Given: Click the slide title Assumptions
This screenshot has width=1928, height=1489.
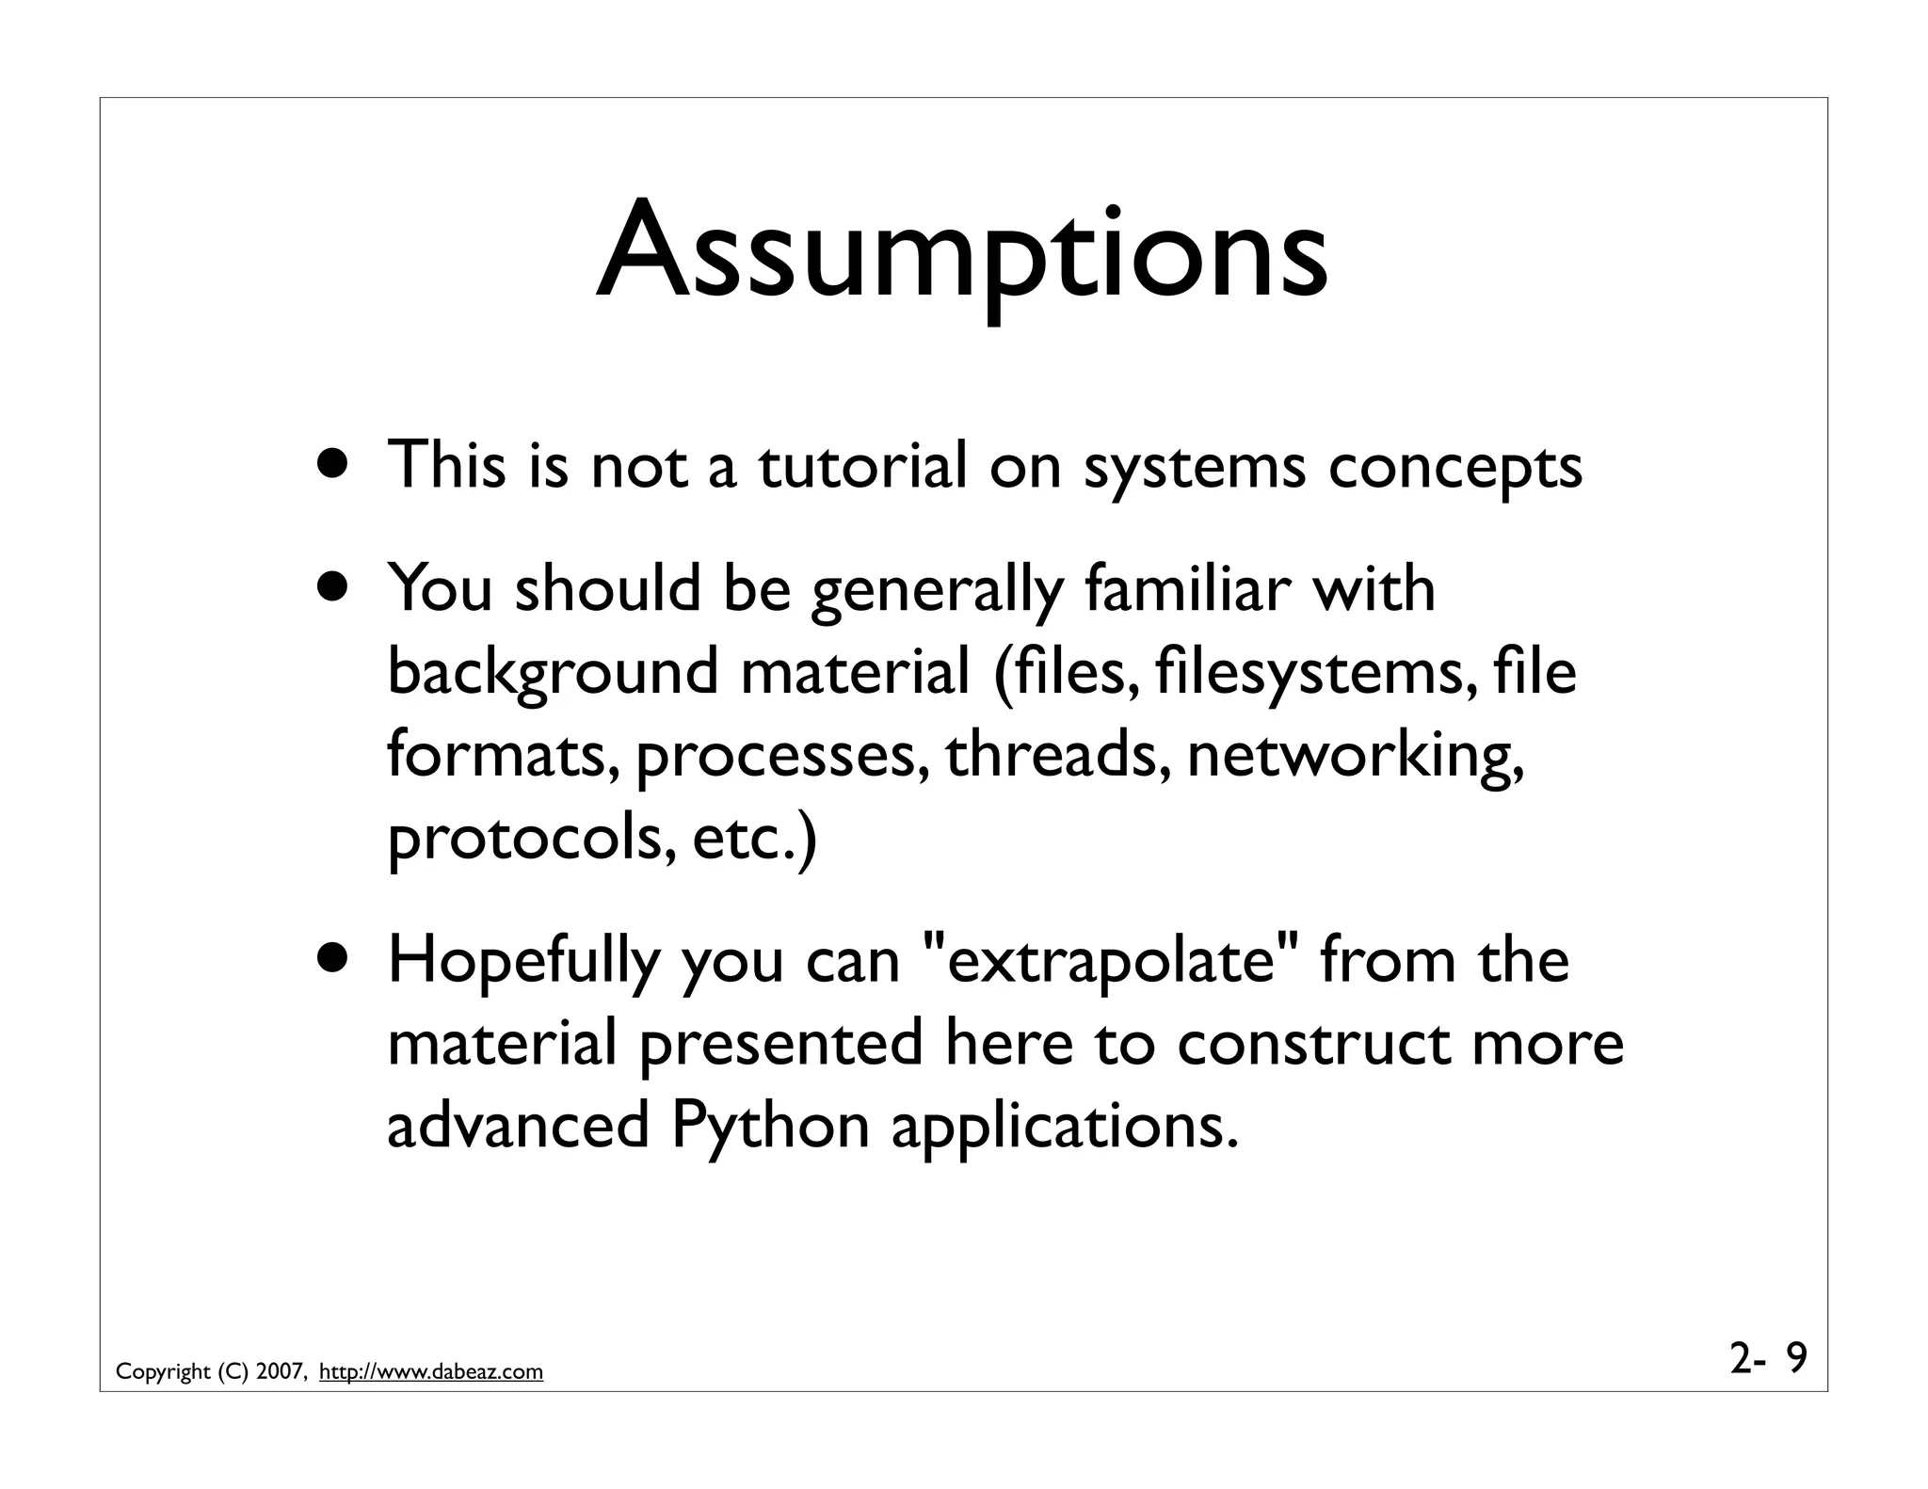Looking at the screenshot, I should coord(962,254).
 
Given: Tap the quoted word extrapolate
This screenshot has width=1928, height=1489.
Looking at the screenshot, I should coord(1109,962).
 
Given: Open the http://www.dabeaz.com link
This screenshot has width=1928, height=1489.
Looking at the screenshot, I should coord(431,1372).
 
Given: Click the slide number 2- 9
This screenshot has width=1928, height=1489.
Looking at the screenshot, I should coord(1768,1358).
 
